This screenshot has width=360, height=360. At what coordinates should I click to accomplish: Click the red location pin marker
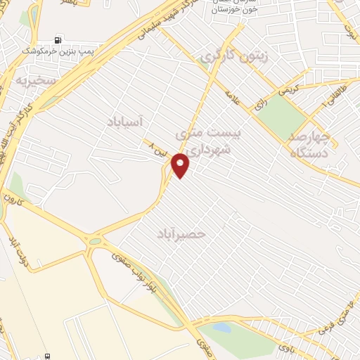(x=181, y=165)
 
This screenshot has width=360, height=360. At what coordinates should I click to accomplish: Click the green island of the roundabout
(x=94, y=241)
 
